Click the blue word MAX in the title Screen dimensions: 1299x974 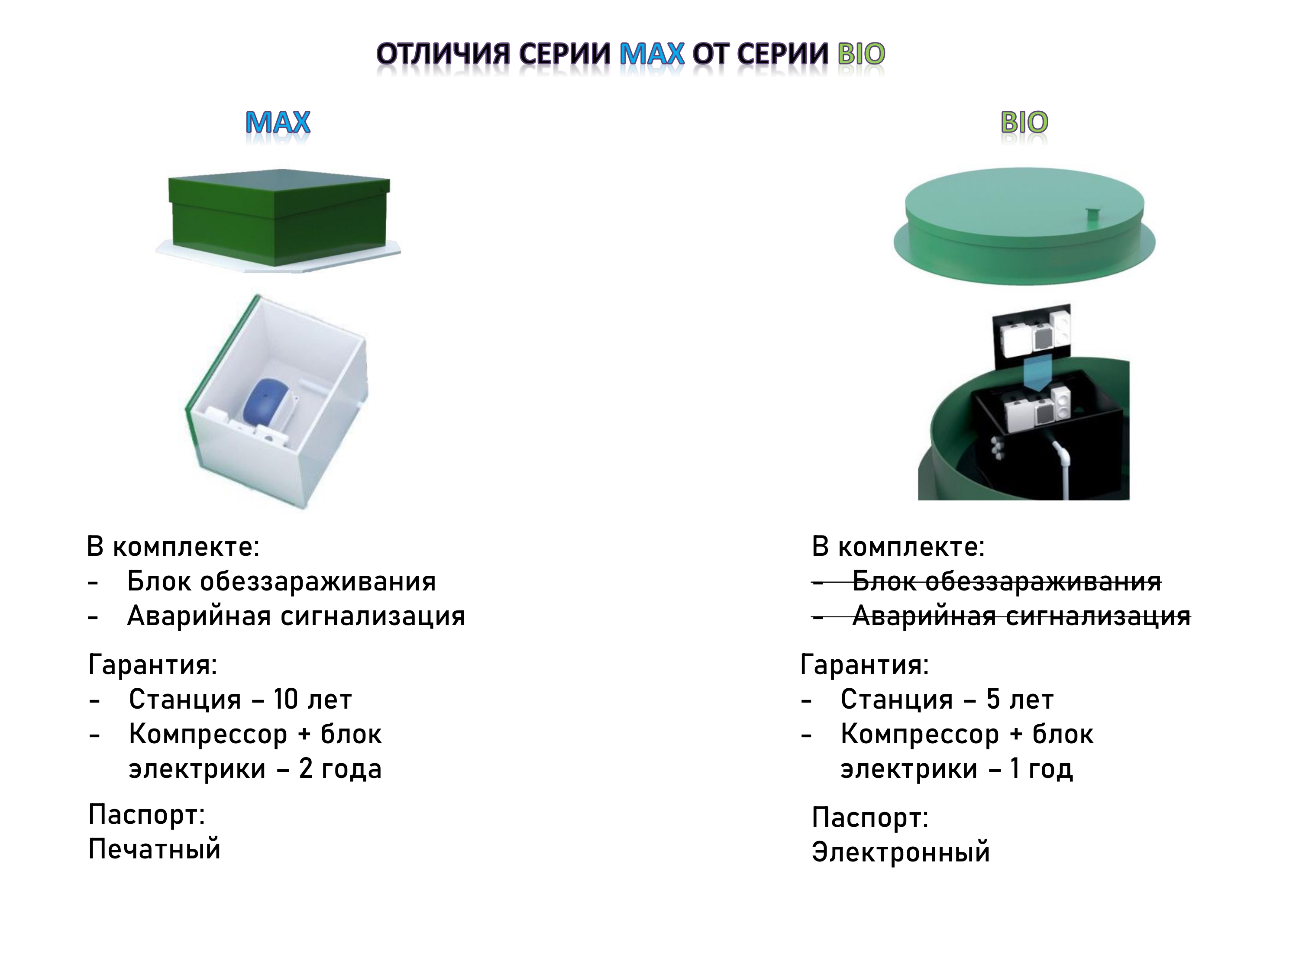pyautogui.click(x=652, y=54)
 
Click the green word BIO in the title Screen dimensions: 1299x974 pyautogui.click(x=861, y=54)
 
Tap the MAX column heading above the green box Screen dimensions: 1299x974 pyautogui.click(x=278, y=122)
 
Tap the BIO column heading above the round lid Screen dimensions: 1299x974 pyautogui.click(x=1024, y=122)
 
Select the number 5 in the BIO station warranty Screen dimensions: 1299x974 pyautogui.click(x=993, y=699)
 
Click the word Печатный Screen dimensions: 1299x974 pyautogui.click(x=155, y=849)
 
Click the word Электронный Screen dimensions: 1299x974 pyautogui.click(x=901, y=852)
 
